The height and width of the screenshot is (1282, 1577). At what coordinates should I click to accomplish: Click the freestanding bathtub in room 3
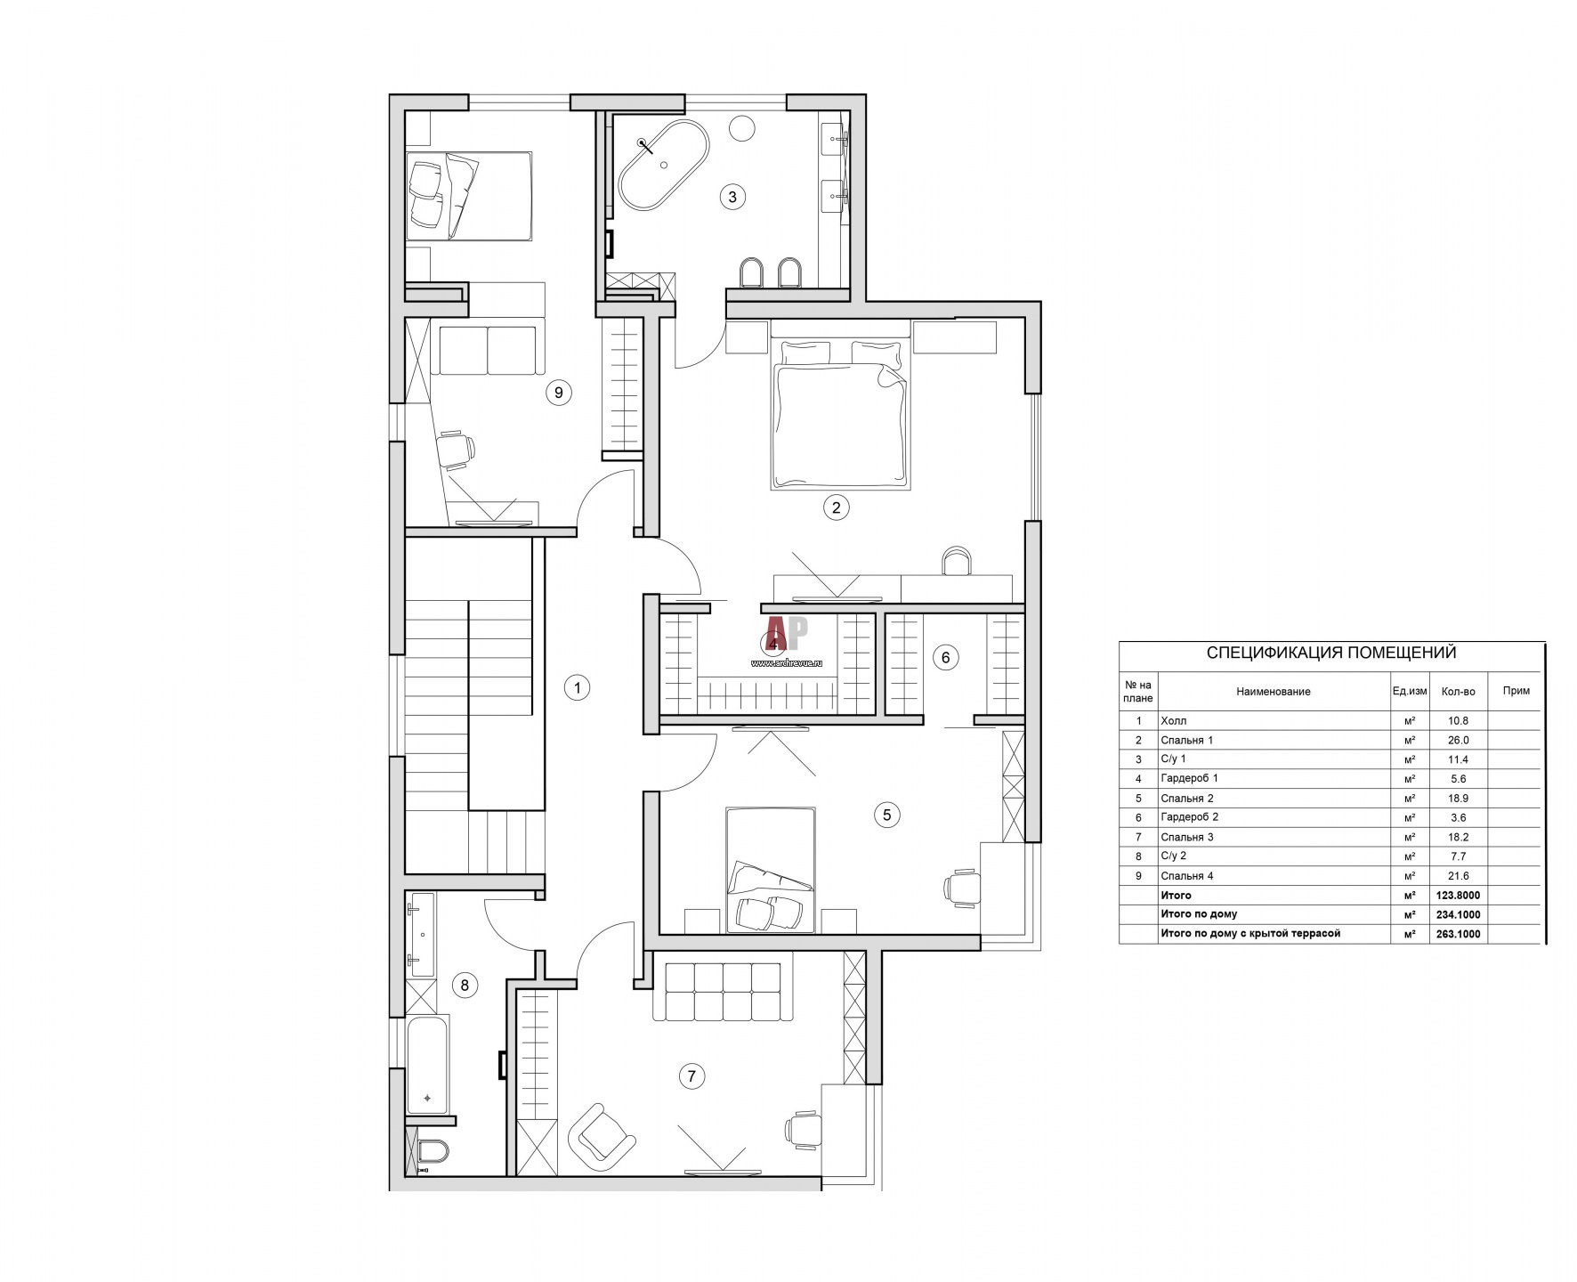coord(663,162)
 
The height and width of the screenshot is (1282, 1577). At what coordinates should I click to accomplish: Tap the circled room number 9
coord(558,393)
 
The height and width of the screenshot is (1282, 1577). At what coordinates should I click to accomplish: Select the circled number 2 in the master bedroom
coord(835,507)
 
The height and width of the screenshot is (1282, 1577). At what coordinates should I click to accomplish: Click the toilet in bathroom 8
coord(432,1153)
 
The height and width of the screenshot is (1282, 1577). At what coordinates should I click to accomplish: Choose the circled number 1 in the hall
coord(578,687)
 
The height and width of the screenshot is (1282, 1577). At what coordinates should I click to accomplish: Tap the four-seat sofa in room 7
coord(722,991)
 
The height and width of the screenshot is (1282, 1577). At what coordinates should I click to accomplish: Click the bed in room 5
coord(770,870)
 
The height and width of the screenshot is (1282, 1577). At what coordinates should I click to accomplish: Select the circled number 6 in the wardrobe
coord(945,658)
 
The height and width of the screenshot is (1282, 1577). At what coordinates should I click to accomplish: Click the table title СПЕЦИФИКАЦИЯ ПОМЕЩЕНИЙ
coord(1330,653)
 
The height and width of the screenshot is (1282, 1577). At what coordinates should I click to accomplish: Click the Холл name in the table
coord(1174,721)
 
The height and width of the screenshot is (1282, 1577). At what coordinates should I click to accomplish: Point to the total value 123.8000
coord(1458,896)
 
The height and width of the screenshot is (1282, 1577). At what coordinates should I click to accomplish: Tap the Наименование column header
coord(1273,691)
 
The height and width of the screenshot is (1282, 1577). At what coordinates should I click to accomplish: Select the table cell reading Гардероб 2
coord(1189,817)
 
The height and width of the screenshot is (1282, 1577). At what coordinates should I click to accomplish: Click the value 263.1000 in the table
coord(1458,934)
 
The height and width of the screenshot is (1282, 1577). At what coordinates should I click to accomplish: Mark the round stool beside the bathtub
coord(741,129)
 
